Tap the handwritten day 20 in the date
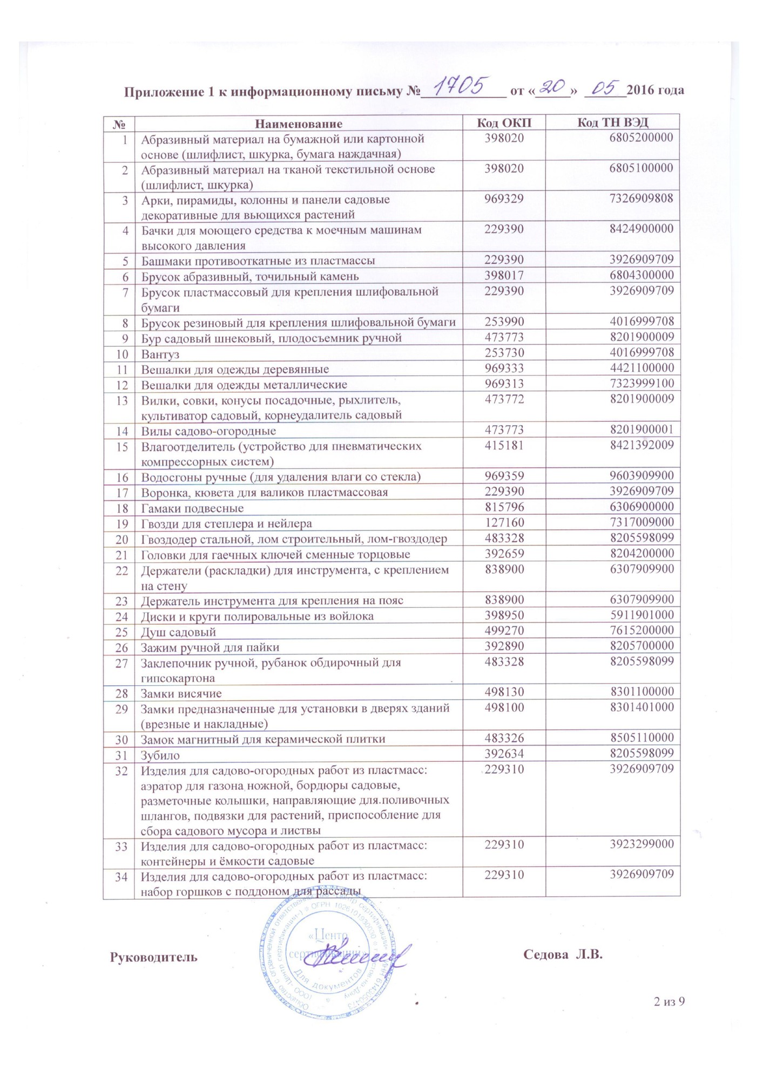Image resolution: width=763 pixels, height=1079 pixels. pyautogui.click(x=552, y=87)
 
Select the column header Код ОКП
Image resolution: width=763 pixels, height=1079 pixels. pyautogui.click(x=503, y=122)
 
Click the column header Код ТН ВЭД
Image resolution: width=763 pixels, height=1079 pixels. pyautogui.click(x=612, y=122)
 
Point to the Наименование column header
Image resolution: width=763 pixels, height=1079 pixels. pyautogui.click(x=299, y=124)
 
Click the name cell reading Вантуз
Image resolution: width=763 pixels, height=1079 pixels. pyautogui.click(x=160, y=354)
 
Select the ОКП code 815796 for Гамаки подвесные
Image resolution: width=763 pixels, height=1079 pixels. pyautogui.click(x=504, y=507)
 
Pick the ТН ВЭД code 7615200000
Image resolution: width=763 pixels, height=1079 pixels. pyautogui.click(x=642, y=630)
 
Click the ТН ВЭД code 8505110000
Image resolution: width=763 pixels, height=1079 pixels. pyautogui.click(x=642, y=738)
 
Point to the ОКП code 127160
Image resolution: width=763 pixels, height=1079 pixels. pyautogui.click(x=504, y=523)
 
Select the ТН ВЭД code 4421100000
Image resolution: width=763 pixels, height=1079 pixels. pyautogui.click(x=642, y=368)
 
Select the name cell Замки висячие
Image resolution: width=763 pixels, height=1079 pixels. pyautogui.click(x=181, y=693)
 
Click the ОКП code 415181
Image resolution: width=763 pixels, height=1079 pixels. pyautogui.click(x=504, y=446)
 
